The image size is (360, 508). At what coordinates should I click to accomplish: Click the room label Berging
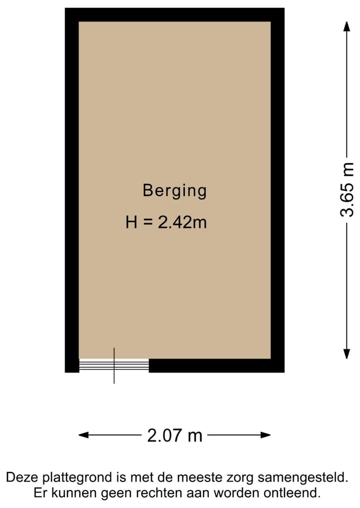pyautogui.click(x=174, y=191)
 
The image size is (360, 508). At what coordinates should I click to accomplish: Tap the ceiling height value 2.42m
pyautogui.click(x=182, y=222)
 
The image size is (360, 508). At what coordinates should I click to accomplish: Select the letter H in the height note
pyautogui.click(x=131, y=222)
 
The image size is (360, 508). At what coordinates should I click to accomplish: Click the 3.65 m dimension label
pyautogui.click(x=346, y=190)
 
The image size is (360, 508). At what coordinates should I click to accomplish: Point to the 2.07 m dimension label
pyautogui.click(x=174, y=436)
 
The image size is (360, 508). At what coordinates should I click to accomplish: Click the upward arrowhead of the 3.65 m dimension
pyautogui.click(x=346, y=25)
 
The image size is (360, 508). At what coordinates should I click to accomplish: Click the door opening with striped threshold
pyautogui.click(x=114, y=366)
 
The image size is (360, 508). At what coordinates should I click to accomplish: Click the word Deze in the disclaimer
pyautogui.click(x=22, y=478)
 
